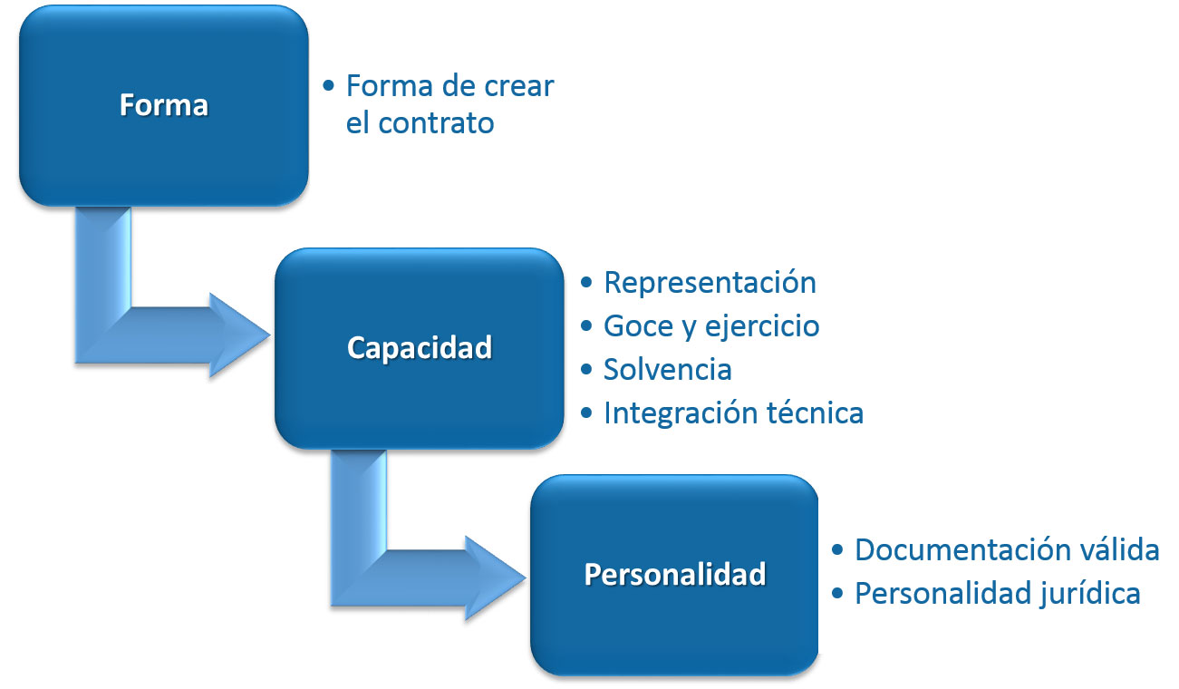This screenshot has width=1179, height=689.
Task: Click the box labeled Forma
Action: pyautogui.click(x=164, y=105)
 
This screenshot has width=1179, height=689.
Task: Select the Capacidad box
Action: pyautogui.click(x=420, y=348)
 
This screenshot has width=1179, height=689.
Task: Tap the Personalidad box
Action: pyautogui.click(x=674, y=575)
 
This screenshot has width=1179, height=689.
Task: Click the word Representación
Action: pyautogui.click(x=710, y=283)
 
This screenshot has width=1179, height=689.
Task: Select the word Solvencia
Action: pyautogui.click(x=667, y=370)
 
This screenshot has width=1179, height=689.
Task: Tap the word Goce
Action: pyautogui.click(x=639, y=325)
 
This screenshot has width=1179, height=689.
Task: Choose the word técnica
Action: pyautogui.click(x=816, y=412)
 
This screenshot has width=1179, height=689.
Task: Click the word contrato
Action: pyautogui.click(x=436, y=124)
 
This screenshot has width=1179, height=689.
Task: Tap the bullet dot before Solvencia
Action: pyautogui.click(x=586, y=369)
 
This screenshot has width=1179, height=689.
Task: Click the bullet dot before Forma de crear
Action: pyautogui.click(x=328, y=86)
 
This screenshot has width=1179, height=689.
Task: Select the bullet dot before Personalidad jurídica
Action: pyautogui.click(x=837, y=594)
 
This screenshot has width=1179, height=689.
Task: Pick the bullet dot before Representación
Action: pyautogui.click(x=586, y=283)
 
